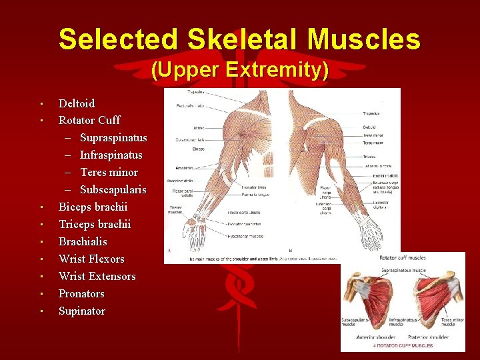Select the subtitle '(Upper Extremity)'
click(239, 70)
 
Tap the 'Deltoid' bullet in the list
click(77, 103)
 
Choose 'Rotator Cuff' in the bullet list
click(89, 121)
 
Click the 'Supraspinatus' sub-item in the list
click(113, 138)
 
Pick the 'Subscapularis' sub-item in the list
click(113, 190)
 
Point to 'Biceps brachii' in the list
click(93, 207)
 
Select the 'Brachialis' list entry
click(83, 241)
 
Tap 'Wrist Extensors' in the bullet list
click(97, 276)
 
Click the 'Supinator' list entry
click(82, 311)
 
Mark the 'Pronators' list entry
click(81, 293)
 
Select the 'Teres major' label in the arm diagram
click(372, 142)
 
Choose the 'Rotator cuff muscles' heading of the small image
click(403, 257)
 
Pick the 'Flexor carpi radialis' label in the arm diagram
click(181, 193)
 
